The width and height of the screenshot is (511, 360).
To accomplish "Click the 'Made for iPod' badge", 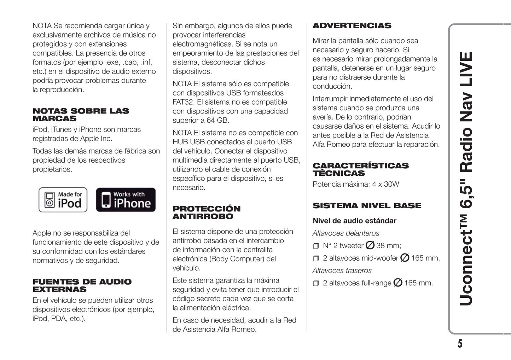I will click(63, 200).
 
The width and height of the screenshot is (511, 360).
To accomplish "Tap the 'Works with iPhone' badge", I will click(126, 200).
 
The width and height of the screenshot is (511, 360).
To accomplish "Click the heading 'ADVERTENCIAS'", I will click(352, 26).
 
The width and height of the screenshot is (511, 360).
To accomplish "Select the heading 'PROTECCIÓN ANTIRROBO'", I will click(207, 213).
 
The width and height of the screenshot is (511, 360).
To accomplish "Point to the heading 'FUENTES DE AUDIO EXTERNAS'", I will click(82, 285).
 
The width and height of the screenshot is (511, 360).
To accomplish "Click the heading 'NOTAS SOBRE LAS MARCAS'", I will click(81, 115).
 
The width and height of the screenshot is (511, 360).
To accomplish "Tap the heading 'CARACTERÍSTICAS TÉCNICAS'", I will click(360, 169).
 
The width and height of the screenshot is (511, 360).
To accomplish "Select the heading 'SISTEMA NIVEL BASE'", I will click(367, 206).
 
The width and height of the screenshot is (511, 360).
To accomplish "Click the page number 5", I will click(460, 344).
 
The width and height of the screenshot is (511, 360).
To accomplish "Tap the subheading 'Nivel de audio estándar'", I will click(354, 221).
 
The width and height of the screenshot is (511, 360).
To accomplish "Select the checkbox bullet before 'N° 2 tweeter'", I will click(316, 246).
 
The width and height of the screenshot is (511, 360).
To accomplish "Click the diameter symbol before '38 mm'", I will click(370, 245).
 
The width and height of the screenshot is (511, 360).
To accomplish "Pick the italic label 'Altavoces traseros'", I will click(342, 271).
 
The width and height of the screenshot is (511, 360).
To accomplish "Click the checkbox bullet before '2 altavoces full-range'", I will click(316, 283).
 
